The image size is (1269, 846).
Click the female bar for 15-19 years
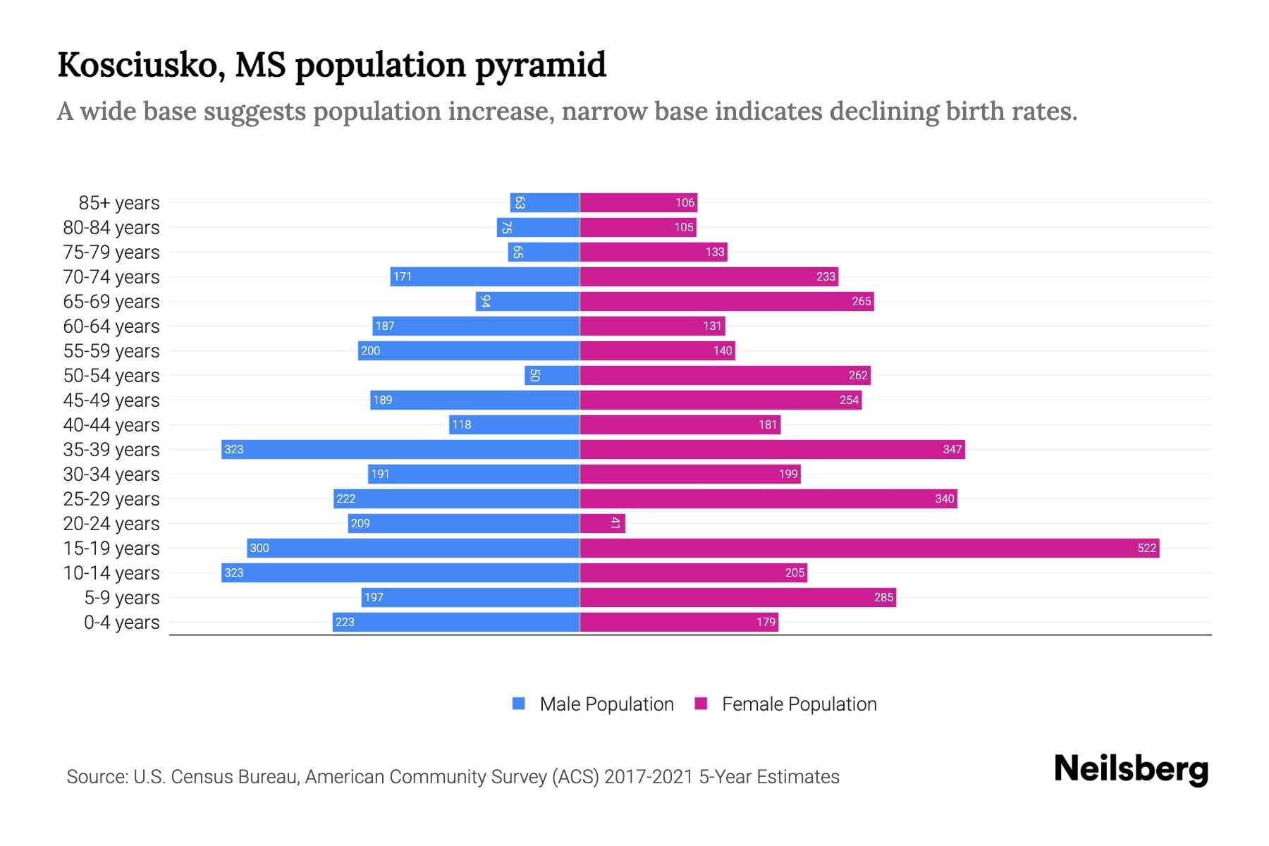coord(869,548)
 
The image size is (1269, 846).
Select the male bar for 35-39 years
coord(400,449)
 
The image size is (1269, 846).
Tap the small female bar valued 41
coord(602,523)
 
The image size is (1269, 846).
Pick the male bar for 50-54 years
coord(552,375)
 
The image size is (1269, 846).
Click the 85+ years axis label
coord(118,203)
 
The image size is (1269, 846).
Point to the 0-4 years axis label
coord(121,623)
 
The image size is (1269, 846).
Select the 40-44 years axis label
coord(111,425)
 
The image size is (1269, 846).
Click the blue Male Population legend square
coord(519,704)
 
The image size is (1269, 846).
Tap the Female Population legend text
coord(799,704)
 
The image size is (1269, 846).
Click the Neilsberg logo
coord(1131,769)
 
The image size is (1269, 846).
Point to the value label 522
coord(1146,548)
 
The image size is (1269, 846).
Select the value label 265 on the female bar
coord(861,302)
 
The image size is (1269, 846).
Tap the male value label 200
coord(370,351)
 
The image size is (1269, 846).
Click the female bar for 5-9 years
coord(737,597)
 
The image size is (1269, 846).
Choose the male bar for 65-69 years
coord(527,301)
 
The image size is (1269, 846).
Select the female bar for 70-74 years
coord(709,276)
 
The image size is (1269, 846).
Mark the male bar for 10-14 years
coord(400,572)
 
